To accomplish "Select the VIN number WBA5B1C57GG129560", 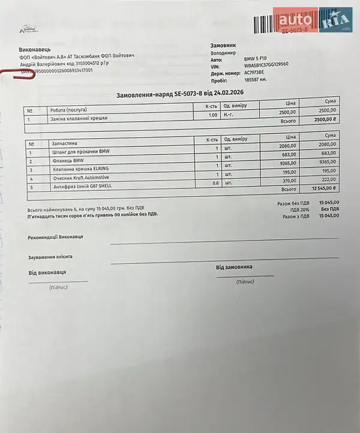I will tap(266, 64).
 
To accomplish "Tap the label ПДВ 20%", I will tap(299, 210).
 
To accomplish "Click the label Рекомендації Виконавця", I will tap(55, 237).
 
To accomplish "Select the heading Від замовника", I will tap(233, 267).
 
